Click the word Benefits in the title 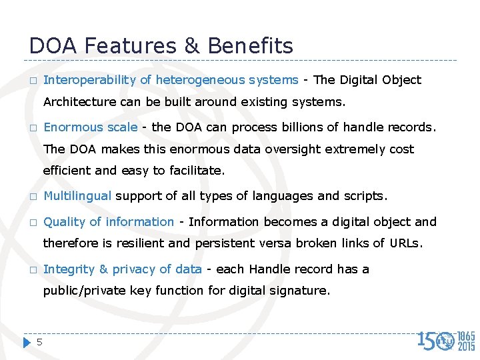[250, 45]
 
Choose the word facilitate [197, 171]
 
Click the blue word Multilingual [78, 197]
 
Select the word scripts [364, 197]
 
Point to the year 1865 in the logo [466, 336]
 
